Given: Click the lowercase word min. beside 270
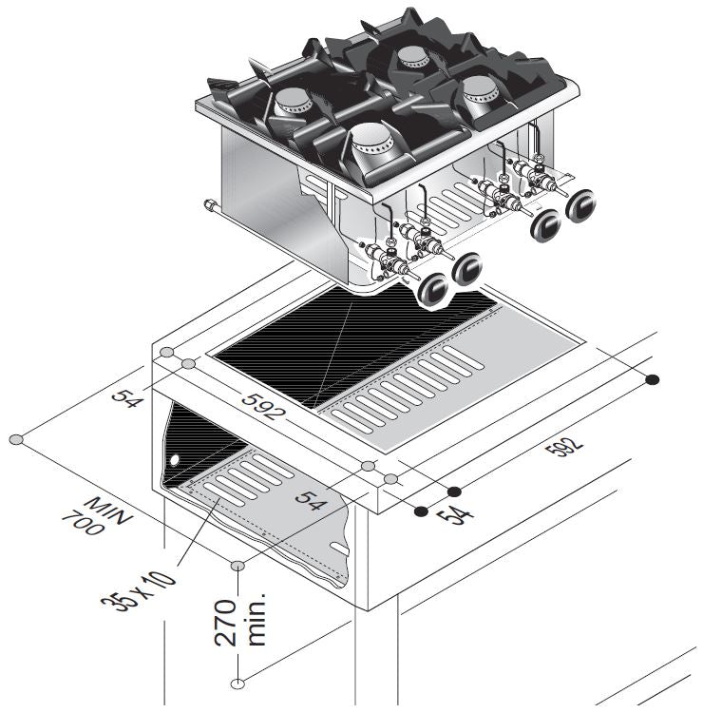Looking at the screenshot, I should tap(255, 619).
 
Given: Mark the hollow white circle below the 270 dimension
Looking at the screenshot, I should tap(237, 682).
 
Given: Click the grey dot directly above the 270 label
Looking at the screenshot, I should tap(237, 566).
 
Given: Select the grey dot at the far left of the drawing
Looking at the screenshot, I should tap(16, 440).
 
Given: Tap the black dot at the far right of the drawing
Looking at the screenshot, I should tap(653, 380).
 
